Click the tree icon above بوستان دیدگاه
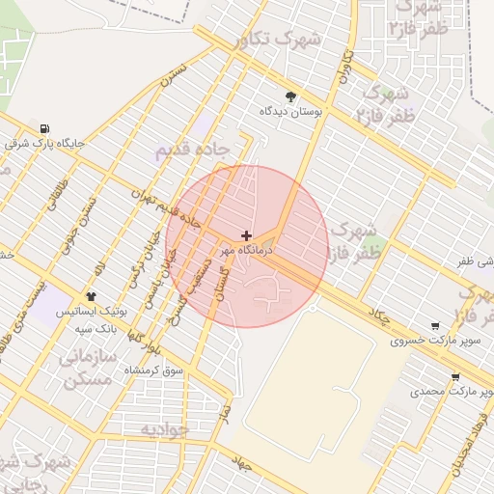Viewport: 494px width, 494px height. pos(290,95)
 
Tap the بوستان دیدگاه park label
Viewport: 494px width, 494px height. pos(289,112)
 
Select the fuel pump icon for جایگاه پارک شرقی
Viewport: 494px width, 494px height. pos(45,128)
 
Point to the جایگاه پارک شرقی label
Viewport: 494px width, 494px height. pos(45,144)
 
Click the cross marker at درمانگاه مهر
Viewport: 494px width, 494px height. pos(247,235)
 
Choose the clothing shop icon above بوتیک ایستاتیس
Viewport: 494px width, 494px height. pos(91,296)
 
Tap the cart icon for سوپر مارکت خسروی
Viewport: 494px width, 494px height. pos(436,325)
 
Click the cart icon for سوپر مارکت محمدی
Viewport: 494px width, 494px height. pos(454,377)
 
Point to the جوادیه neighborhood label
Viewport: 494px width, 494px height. pos(164,428)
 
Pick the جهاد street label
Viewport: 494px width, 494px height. pos(240,464)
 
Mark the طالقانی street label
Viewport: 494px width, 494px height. pos(56,192)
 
